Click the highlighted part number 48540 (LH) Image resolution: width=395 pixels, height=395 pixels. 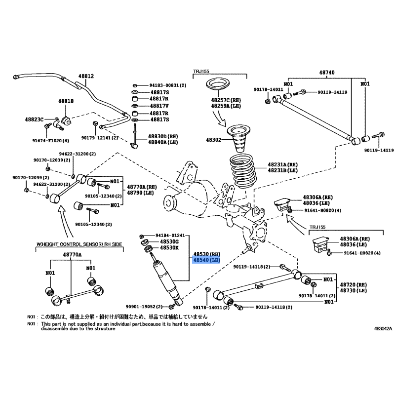(204, 260)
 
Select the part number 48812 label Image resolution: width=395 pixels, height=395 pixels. (86, 77)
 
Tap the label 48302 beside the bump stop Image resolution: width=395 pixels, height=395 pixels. (215, 140)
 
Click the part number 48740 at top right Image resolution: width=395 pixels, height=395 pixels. (326, 73)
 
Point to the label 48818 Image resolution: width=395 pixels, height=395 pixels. (66, 101)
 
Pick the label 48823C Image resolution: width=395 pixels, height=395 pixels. (35, 119)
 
